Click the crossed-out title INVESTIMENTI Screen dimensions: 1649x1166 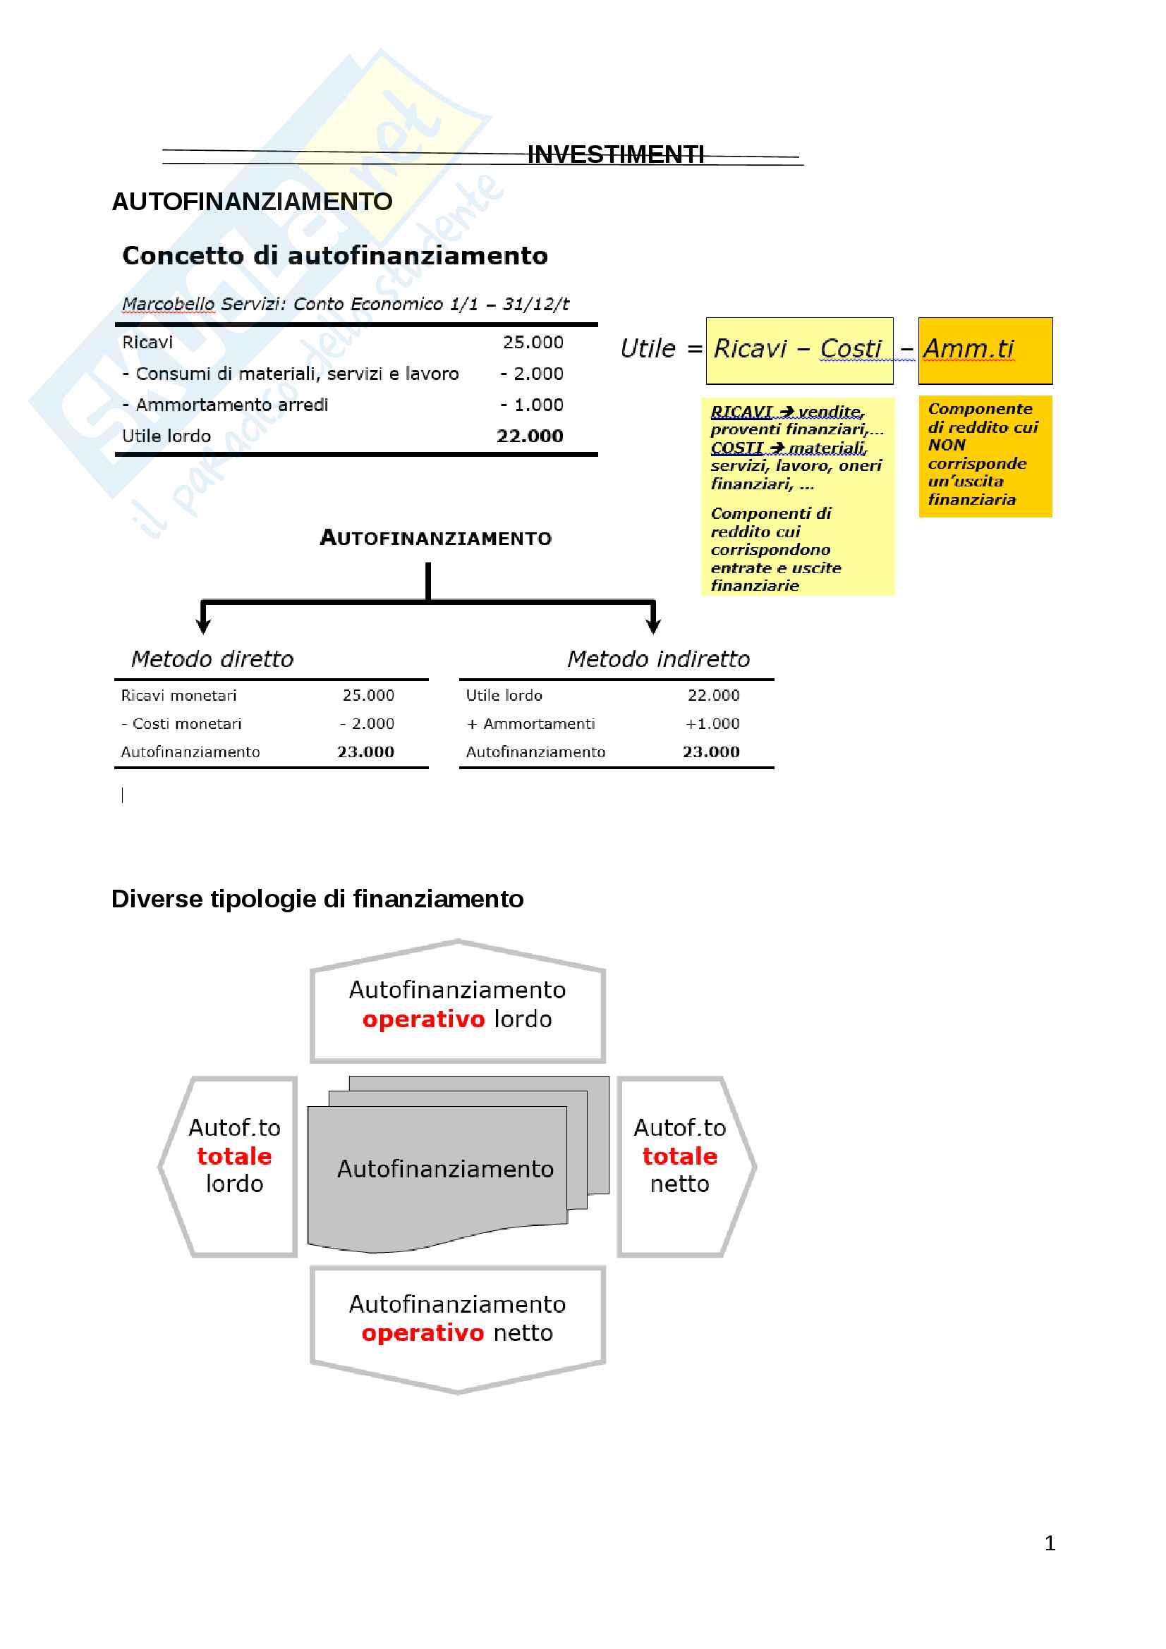click(x=615, y=155)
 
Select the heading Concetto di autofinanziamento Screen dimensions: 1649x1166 click(x=335, y=256)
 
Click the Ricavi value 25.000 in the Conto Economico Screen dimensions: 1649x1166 click(x=533, y=343)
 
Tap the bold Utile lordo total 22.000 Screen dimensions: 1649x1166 click(x=530, y=436)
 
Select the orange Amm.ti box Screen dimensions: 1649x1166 click(x=984, y=350)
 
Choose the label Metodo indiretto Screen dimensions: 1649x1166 click(x=658, y=659)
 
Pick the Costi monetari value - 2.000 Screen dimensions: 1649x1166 click(x=367, y=724)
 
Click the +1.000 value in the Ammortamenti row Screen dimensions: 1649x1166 click(x=712, y=724)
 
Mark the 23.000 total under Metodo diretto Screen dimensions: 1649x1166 click(x=365, y=752)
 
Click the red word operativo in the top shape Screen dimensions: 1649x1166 click(x=423, y=1019)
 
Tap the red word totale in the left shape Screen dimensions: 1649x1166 click(x=234, y=1156)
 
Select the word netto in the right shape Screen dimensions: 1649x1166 click(x=679, y=1184)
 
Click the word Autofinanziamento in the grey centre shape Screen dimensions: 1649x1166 click(x=444, y=1169)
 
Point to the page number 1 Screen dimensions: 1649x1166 click(x=1050, y=1543)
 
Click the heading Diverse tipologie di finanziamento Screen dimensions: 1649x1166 click(x=317, y=899)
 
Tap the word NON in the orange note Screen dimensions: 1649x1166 click(x=946, y=446)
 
